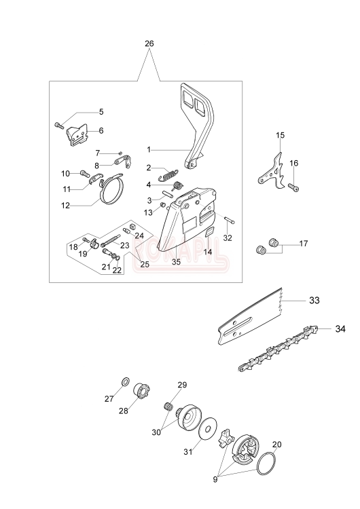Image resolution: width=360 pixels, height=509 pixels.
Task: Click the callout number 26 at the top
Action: (149, 43)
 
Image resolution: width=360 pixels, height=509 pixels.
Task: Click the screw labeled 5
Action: (58, 125)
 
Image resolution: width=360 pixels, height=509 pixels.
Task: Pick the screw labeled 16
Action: (293, 187)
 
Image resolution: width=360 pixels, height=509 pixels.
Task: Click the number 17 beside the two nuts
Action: (303, 243)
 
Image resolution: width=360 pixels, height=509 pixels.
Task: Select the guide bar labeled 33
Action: (249, 317)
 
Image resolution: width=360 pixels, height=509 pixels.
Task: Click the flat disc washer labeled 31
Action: (206, 429)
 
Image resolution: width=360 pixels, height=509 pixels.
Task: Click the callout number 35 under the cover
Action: (176, 262)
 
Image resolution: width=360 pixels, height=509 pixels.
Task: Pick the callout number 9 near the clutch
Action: (215, 479)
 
